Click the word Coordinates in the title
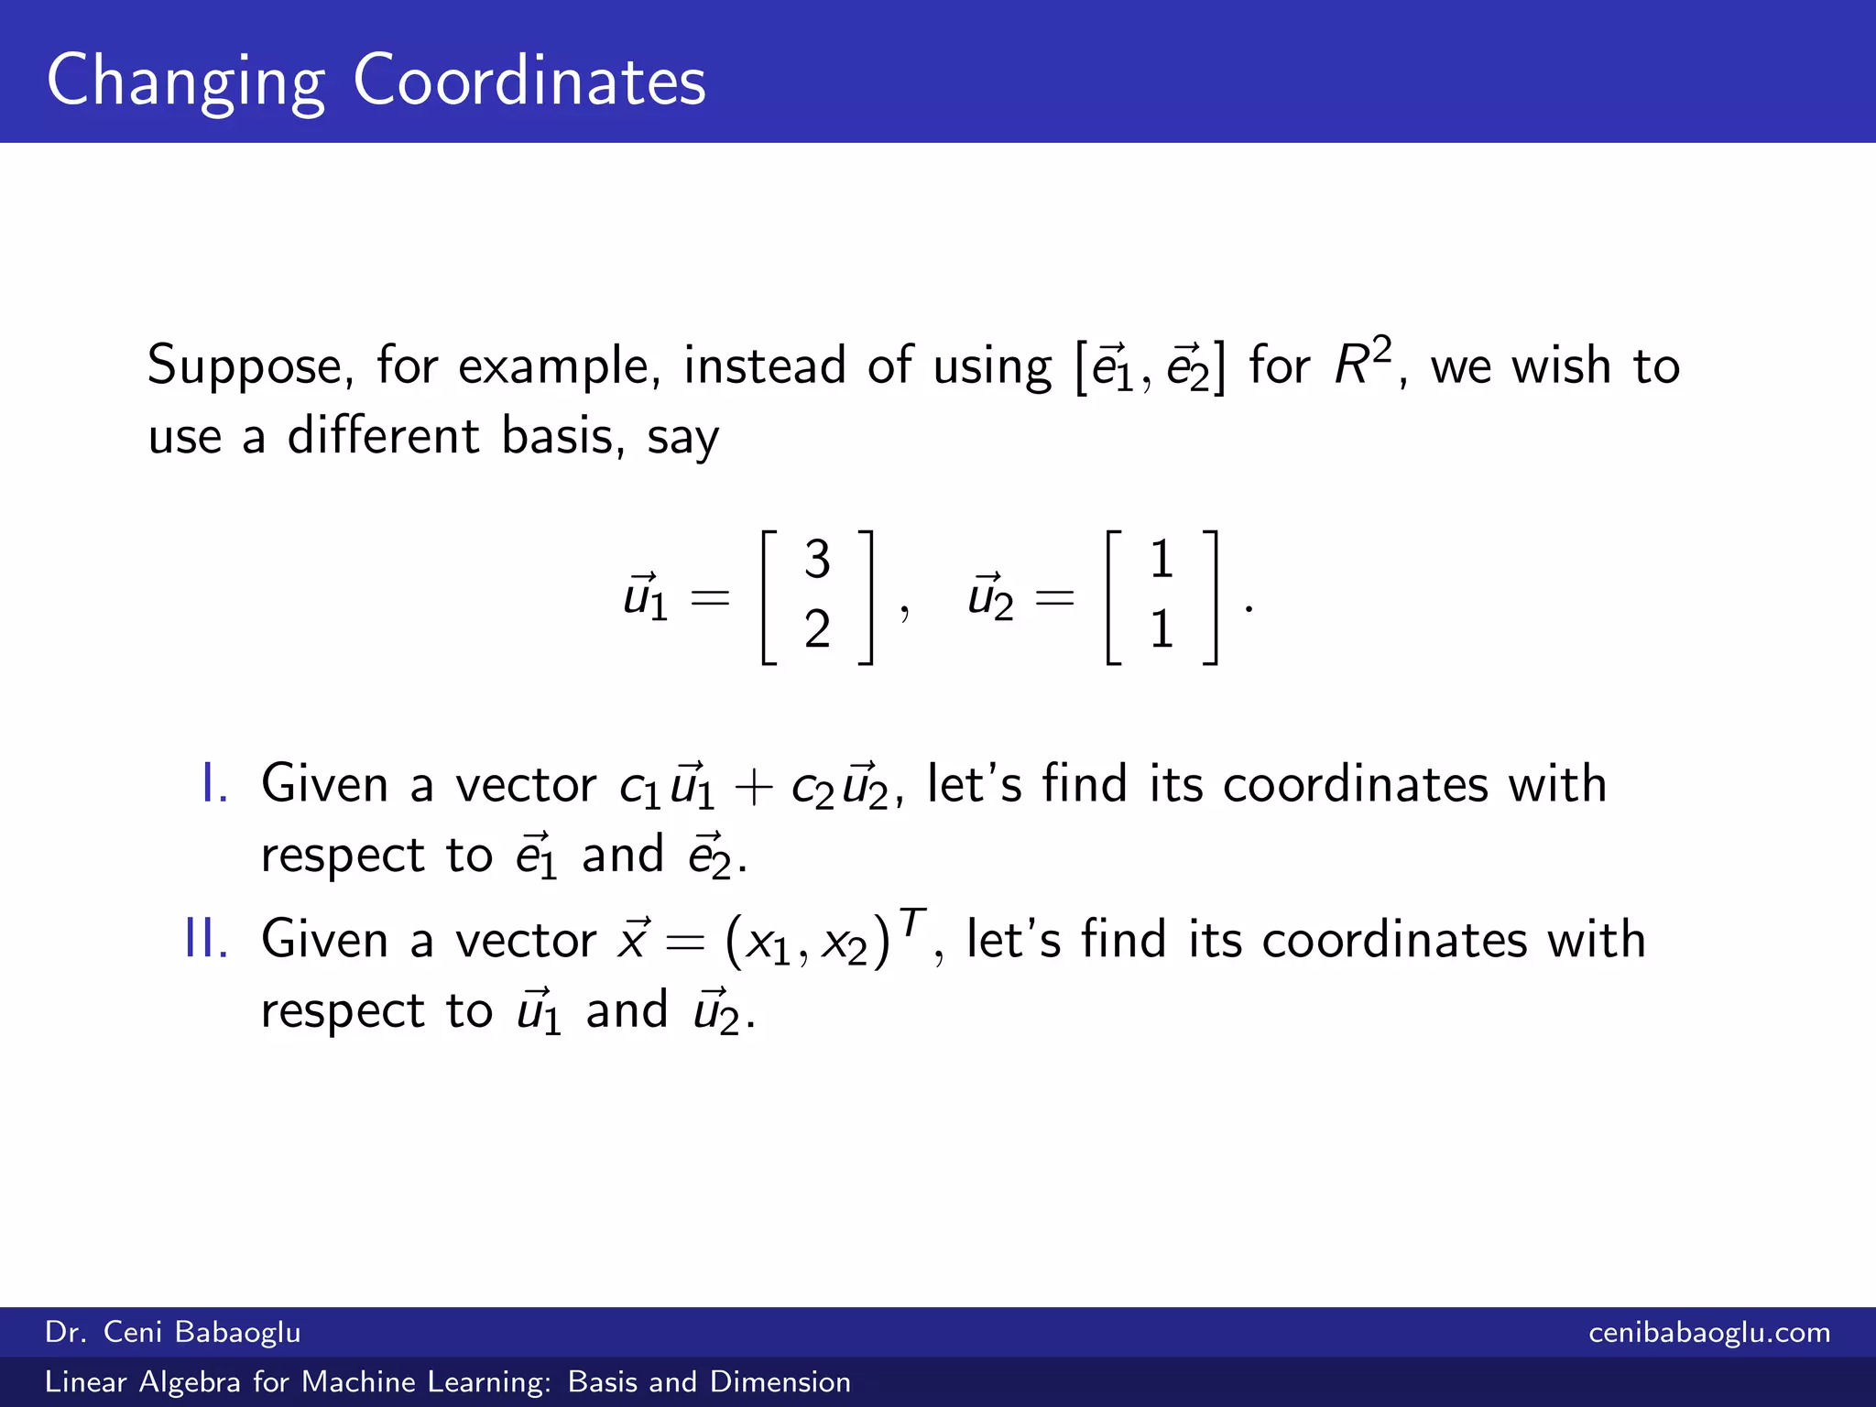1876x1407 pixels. pyautogui.click(x=529, y=81)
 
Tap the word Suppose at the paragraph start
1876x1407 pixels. pyautogui.click(x=245, y=366)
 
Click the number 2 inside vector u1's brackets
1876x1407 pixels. pyautogui.click(x=817, y=630)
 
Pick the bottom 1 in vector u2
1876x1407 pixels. pyautogui.click(x=1162, y=630)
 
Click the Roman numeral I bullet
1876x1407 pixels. pyautogui.click(x=213, y=784)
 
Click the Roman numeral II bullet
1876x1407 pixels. pyautogui.click(x=206, y=940)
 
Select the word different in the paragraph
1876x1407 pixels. pyautogui.click(x=383, y=436)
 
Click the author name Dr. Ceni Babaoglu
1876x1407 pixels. pyautogui.click(x=172, y=1332)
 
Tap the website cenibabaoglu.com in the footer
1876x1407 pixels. pyautogui.click(x=1708, y=1332)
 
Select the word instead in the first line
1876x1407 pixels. pyautogui.click(x=764, y=365)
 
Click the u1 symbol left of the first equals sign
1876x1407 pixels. pyautogui.click(x=645, y=597)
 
